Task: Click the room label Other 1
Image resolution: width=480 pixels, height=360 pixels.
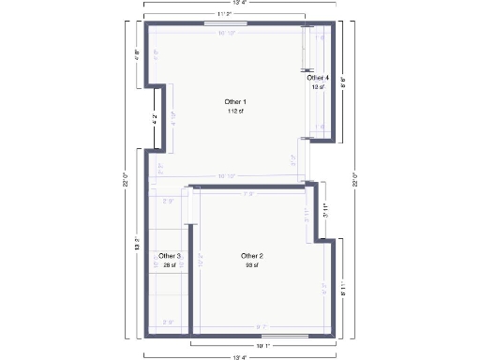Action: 235,101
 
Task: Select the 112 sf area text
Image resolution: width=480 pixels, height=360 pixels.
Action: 235,111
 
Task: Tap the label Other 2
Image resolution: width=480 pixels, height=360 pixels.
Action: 252,256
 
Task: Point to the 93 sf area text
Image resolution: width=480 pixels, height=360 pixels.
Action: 252,265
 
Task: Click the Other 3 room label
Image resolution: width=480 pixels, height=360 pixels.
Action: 170,256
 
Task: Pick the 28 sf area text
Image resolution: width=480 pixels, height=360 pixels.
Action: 170,265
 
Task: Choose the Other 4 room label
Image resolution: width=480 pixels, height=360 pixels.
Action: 319,78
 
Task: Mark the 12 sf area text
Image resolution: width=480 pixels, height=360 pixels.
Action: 319,87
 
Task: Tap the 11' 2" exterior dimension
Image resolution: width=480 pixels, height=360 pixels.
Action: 225,14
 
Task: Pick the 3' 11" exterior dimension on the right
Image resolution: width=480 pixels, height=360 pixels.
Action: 326,211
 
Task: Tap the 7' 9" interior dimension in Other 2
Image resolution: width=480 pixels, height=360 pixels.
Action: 249,194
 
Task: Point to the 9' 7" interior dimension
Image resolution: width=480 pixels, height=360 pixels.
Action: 262,326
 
